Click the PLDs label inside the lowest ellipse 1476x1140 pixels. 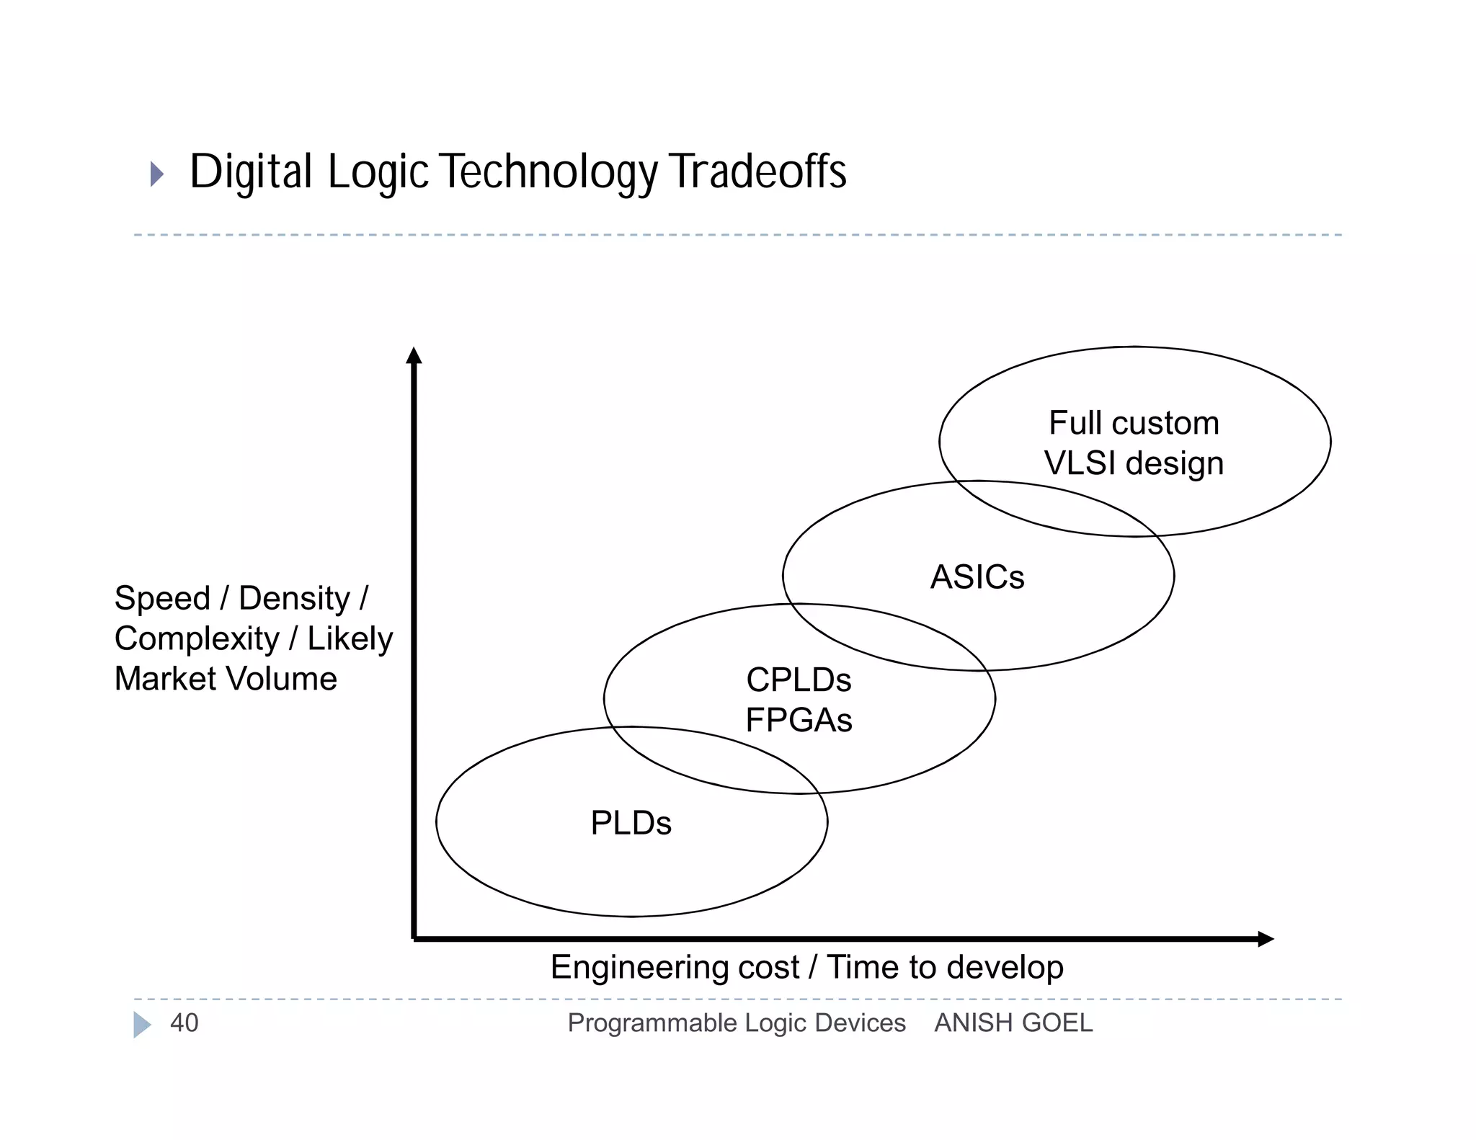point(631,823)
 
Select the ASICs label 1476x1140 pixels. point(977,577)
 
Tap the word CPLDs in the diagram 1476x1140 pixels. point(799,680)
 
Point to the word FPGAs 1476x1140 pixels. point(799,720)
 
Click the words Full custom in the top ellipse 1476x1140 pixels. point(1134,423)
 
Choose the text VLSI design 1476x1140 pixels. point(1134,463)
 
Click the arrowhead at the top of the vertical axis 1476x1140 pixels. point(414,355)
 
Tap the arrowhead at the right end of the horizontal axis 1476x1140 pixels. point(1266,939)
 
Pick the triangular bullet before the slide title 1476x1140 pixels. point(156,174)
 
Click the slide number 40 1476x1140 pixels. point(184,1023)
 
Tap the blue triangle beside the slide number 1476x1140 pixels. point(142,1024)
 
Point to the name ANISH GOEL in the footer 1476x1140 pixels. point(1013,1023)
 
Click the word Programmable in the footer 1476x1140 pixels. point(652,1023)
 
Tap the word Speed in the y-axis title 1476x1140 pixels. point(162,598)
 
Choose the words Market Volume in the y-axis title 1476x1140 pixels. point(226,679)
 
